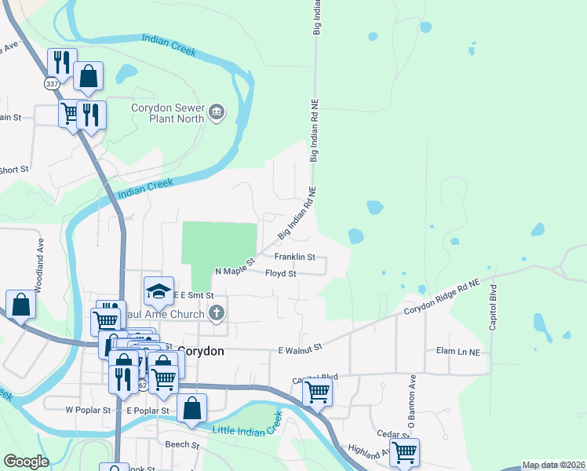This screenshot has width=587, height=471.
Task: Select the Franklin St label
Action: click(294, 257)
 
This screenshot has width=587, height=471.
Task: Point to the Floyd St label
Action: click(280, 274)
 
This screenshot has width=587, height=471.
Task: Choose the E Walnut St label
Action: click(301, 348)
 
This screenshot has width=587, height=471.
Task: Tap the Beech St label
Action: click(179, 444)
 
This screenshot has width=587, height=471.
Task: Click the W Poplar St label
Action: click(85, 410)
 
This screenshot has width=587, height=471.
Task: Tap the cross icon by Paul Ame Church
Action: click(217, 313)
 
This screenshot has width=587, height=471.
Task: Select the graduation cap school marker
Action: click(159, 291)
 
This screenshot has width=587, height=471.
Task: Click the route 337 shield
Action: click(52, 84)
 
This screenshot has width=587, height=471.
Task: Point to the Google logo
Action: click(26, 462)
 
